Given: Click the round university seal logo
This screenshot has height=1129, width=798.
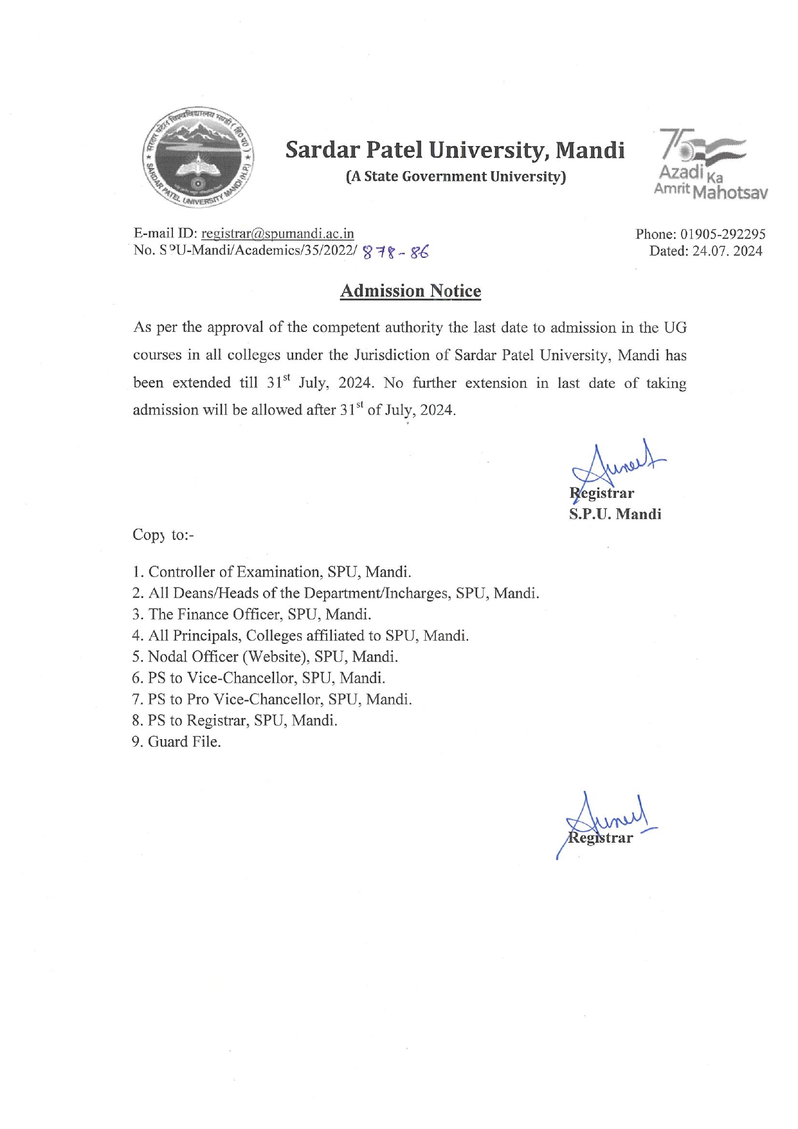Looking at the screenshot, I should [197, 157].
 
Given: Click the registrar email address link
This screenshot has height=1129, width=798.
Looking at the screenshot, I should [277, 234].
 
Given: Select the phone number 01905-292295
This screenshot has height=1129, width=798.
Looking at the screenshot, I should [723, 234].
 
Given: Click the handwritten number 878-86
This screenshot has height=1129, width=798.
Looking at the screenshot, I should [395, 252].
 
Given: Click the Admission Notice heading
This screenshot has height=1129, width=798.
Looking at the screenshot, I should [410, 291].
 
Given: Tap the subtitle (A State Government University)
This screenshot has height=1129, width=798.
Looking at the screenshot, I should [455, 176].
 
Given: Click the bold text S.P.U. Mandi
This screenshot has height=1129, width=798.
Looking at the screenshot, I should [615, 514].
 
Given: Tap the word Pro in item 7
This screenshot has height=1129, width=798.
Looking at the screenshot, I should [198, 699].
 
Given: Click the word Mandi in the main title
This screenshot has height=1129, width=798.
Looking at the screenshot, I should [590, 150].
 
